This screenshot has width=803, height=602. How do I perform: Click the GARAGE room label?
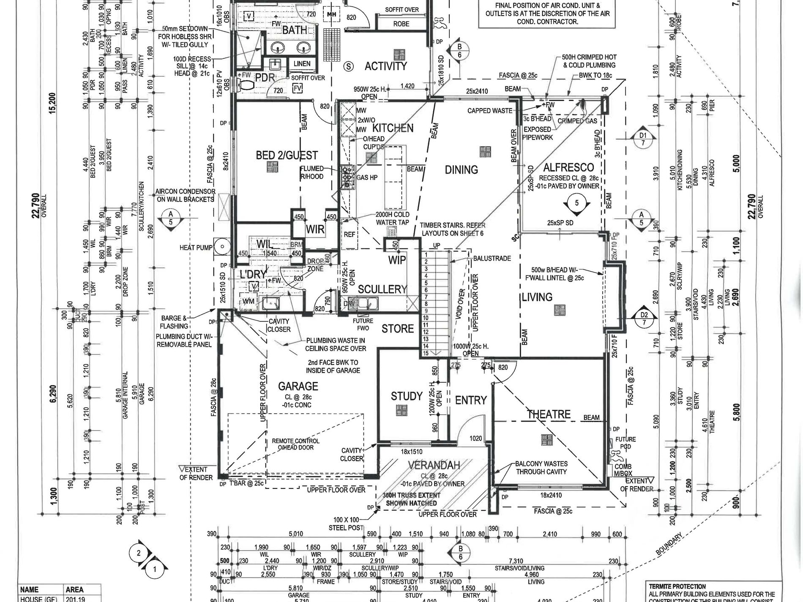pyautogui.click(x=298, y=386)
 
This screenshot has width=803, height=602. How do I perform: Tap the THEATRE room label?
pyautogui.click(x=549, y=414)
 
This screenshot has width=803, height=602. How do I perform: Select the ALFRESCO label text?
pyautogui.click(x=568, y=167)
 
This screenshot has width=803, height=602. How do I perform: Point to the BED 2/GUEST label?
pyautogui.click(x=287, y=155)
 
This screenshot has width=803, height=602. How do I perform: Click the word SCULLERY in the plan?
pyautogui.click(x=382, y=289)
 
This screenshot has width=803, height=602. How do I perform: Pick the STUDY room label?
pyautogui.click(x=407, y=396)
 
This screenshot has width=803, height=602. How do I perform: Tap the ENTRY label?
pyautogui.click(x=471, y=400)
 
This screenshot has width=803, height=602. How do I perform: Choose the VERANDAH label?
pyautogui.click(x=434, y=465)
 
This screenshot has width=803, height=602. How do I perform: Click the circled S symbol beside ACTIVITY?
pyautogui.click(x=349, y=66)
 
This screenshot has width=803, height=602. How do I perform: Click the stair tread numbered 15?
pyautogui.click(x=426, y=353)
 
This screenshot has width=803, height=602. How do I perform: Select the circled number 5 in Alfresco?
pyautogui.click(x=577, y=203)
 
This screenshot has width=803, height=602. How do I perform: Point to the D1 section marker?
pyautogui.click(x=643, y=139)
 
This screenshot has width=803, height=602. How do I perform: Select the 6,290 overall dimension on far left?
pyautogui.click(x=53, y=394)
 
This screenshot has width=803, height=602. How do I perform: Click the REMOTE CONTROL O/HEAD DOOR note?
pyautogui.click(x=295, y=444)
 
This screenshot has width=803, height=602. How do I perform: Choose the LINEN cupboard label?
pyautogui.click(x=302, y=64)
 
